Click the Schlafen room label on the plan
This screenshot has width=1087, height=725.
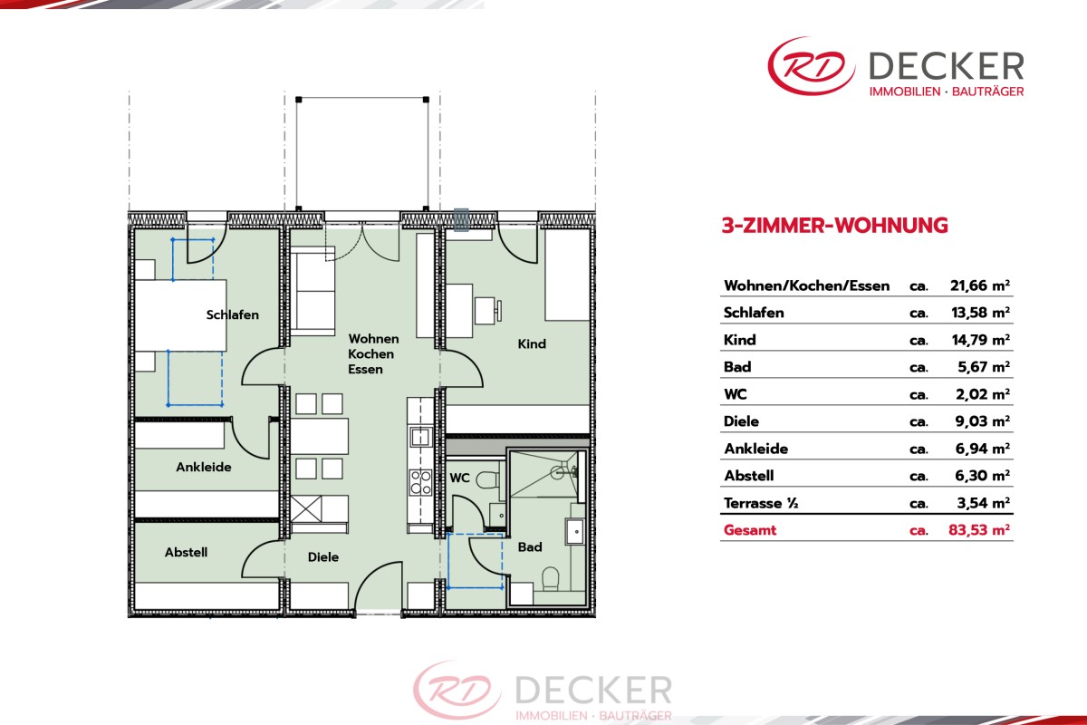(x=233, y=314)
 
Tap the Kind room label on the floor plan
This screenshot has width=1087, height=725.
(x=532, y=343)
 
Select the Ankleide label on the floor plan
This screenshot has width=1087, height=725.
(x=203, y=467)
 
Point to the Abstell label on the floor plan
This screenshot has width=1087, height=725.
(x=186, y=552)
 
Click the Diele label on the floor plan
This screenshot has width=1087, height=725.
(x=323, y=557)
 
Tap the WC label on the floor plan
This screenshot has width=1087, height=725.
(x=459, y=478)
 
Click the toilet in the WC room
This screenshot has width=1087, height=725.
(x=487, y=479)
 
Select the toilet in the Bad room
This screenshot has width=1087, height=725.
(x=551, y=578)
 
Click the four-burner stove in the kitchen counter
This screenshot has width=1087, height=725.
(x=420, y=482)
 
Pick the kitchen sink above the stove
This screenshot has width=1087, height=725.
(x=420, y=437)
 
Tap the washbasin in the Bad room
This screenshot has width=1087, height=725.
(x=575, y=531)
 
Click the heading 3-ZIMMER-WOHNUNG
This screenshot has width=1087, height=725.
(x=834, y=226)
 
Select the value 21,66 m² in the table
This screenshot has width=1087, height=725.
(x=980, y=285)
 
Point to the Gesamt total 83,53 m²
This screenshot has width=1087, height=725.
(x=979, y=530)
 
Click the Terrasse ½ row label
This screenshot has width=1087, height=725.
(x=760, y=503)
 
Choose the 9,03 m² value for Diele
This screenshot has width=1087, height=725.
(x=982, y=421)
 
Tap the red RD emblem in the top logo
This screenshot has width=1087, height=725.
(x=811, y=66)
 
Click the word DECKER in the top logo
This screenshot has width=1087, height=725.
(x=947, y=66)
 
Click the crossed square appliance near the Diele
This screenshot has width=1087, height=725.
(x=306, y=509)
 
